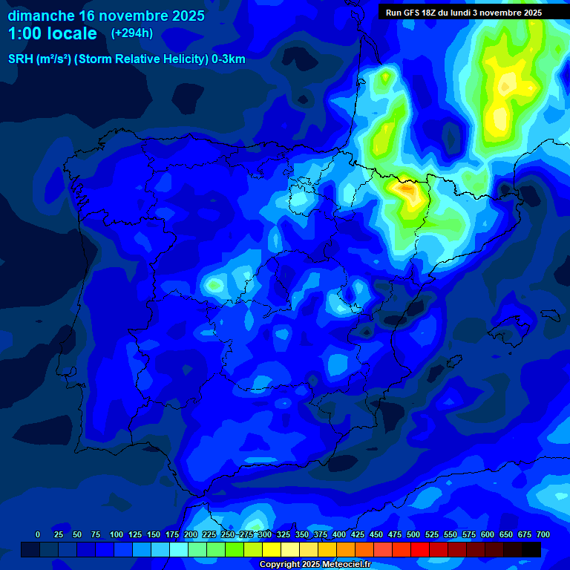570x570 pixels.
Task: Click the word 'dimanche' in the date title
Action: [40, 16]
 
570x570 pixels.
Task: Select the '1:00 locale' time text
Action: [52, 33]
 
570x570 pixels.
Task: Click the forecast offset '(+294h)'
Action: [132, 33]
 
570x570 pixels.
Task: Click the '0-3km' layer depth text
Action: [228, 59]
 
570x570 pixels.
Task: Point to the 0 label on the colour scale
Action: [38, 534]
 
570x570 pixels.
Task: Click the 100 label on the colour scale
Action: [117, 534]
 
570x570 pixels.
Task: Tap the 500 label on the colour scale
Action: [413, 534]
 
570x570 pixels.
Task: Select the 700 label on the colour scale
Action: [543, 534]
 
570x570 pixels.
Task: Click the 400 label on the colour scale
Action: [339, 534]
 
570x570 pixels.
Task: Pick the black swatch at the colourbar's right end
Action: [531, 549]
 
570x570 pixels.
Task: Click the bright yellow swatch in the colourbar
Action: [272, 549]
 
